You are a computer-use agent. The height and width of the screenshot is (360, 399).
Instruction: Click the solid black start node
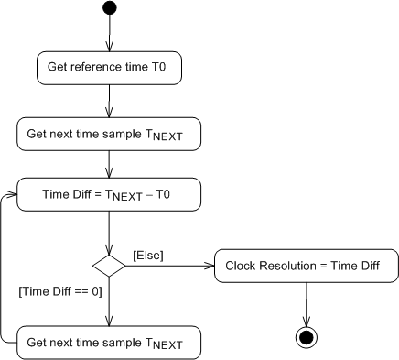(x=110, y=8)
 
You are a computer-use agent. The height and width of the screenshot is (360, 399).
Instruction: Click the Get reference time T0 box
(x=109, y=67)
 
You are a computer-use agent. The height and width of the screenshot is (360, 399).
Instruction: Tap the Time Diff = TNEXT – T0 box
(x=109, y=194)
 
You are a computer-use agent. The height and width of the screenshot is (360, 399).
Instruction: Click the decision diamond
(x=110, y=266)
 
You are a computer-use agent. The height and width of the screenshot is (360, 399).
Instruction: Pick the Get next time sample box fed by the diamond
(x=109, y=344)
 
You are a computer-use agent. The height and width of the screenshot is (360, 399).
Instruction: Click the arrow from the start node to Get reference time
(x=110, y=33)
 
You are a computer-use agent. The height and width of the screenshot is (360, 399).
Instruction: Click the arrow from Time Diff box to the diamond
(x=110, y=233)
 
